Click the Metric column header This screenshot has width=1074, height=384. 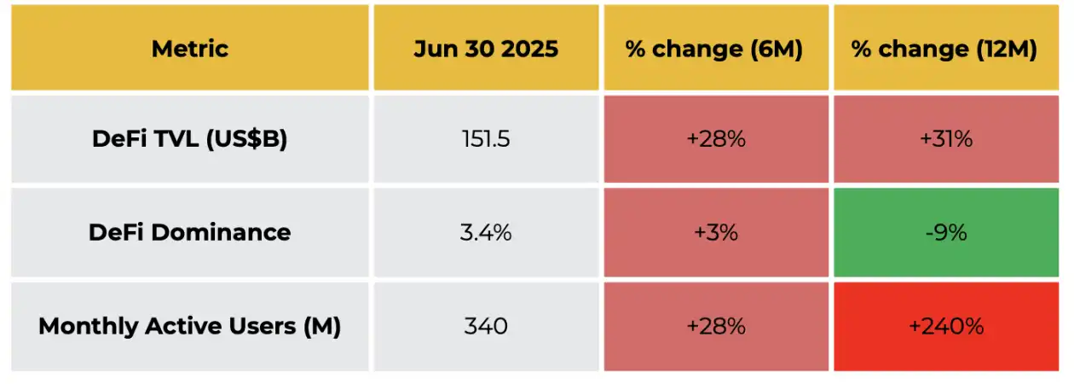190,49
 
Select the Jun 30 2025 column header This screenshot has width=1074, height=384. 486,49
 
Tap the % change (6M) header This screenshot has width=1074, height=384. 715,49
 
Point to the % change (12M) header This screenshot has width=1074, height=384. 944,49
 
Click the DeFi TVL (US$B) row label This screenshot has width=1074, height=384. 190,139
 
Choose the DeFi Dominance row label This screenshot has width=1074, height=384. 190,232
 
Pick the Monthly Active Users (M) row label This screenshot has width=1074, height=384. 190,326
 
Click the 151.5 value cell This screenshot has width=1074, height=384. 486,139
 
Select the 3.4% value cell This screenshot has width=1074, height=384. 486,232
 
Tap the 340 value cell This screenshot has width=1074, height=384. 486,326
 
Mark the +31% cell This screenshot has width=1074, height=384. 945,139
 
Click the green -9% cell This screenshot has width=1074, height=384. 945,232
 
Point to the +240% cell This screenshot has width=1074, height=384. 945,326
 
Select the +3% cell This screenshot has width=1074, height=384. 716,232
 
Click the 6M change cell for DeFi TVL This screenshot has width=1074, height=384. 716,139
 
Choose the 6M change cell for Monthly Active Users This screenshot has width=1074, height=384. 716,326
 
